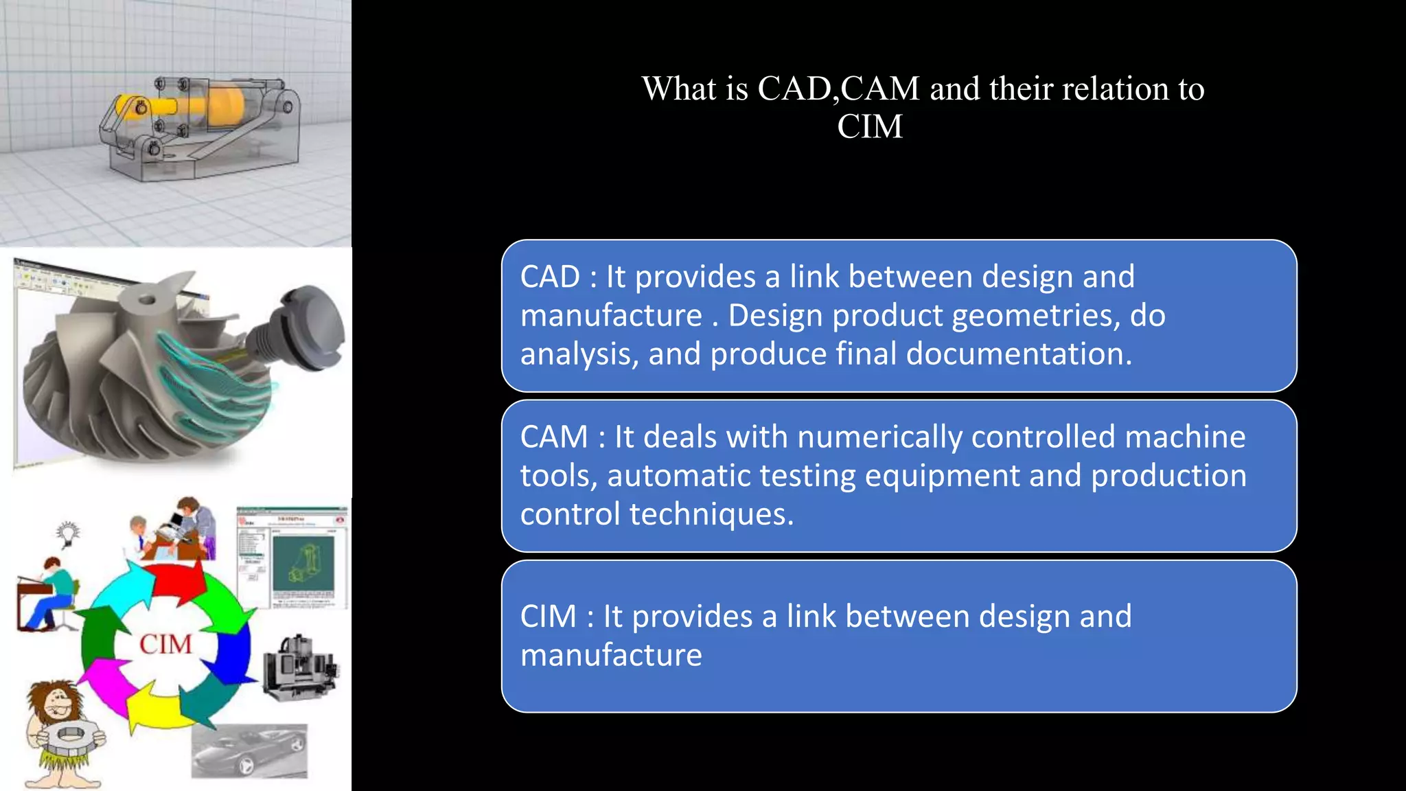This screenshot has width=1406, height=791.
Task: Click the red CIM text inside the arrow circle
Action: coord(165,645)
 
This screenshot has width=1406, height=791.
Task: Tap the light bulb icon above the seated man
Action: coord(67,534)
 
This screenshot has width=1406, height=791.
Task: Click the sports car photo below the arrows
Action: coord(249,751)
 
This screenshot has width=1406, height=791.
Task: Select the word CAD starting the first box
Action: coord(550,277)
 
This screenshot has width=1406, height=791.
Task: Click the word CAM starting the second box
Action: coord(554,437)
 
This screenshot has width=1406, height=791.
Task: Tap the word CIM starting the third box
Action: coord(548,617)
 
